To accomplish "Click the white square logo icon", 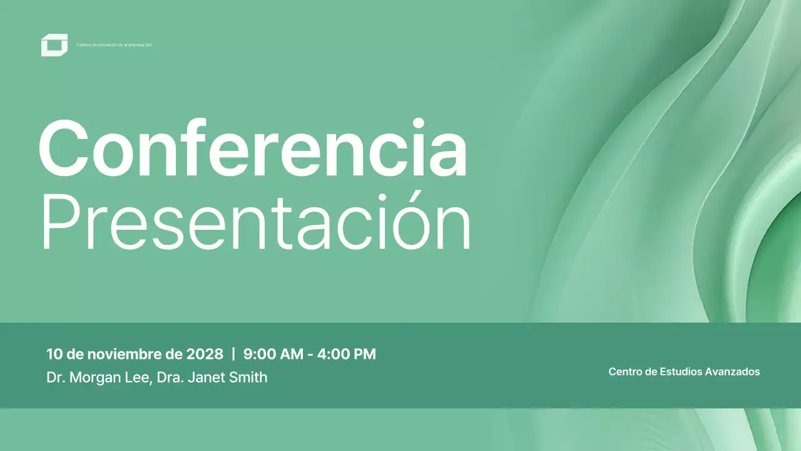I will [54, 45].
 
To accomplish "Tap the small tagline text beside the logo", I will [114, 45].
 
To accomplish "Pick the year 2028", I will [205, 354].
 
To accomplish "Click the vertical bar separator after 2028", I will [233, 354].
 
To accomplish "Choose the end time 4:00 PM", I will [347, 354].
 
